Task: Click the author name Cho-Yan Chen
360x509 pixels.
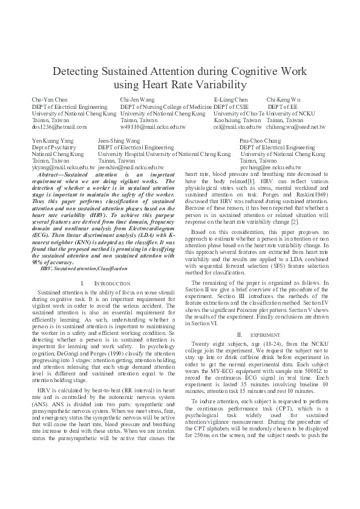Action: click(49, 99)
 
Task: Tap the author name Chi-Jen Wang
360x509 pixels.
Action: click(137, 99)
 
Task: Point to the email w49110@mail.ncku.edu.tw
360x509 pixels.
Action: click(153, 127)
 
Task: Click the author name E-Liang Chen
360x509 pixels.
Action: click(231, 99)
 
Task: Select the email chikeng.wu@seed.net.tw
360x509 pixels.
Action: click(296, 127)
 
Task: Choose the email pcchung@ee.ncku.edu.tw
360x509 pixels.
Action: click(271, 167)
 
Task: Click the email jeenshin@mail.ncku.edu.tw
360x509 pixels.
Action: click(131, 167)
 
